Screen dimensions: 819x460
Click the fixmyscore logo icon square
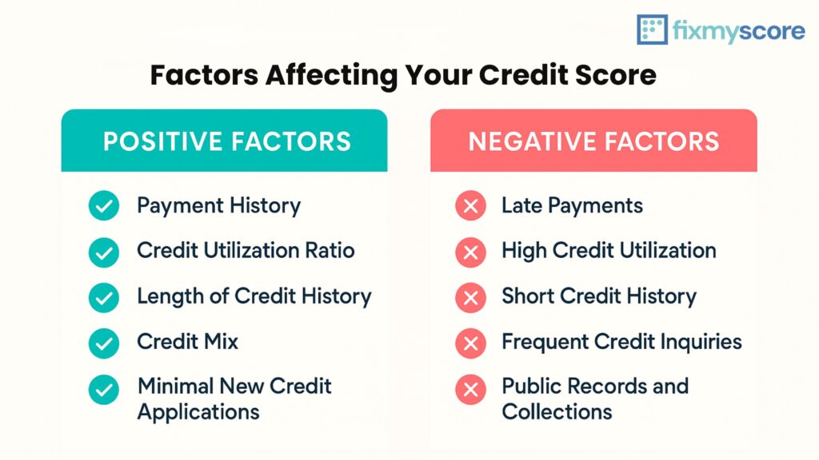tap(652, 30)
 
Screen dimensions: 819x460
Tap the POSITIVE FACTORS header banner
tap(224, 141)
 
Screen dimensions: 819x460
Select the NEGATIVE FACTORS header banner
tap(593, 141)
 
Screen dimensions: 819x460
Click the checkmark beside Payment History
tap(104, 205)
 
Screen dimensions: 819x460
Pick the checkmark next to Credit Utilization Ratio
tap(104, 252)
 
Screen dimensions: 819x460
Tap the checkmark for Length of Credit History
tap(104, 298)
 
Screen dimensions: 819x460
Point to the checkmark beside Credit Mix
tap(104, 343)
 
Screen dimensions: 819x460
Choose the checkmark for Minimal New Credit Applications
tap(104, 390)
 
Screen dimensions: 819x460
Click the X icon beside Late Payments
tap(470, 205)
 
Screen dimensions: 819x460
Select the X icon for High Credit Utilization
tap(470, 252)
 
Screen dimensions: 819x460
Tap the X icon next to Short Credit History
tap(470, 298)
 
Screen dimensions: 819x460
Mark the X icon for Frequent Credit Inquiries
tap(470, 343)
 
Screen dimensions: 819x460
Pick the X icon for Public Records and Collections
tap(470, 390)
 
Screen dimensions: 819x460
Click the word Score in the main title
tap(616, 74)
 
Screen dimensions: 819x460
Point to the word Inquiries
tap(701, 342)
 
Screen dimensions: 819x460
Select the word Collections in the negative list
tap(557, 412)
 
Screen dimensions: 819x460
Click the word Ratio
tap(330, 250)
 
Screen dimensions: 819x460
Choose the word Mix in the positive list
tap(221, 342)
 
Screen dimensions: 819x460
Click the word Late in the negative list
tap(521, 205)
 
